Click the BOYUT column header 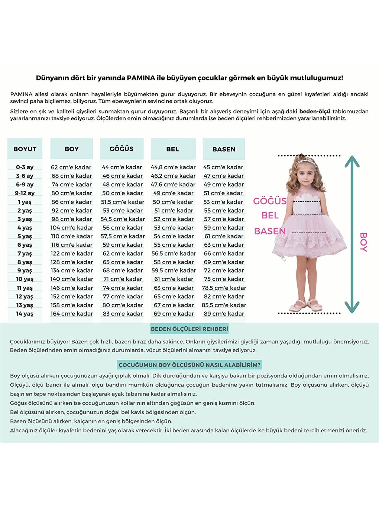[25, 149]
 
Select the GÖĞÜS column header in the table [122, 148]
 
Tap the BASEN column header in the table [224, 149]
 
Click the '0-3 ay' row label [25, 167]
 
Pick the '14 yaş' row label [25, 314]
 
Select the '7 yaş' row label [25, 253]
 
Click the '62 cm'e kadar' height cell [71, 167]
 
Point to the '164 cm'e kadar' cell [72, 314]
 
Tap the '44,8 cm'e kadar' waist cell [173, 167]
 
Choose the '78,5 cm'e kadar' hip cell [224, 288]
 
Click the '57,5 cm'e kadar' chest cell [123, 236]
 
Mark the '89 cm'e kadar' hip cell [224, 314]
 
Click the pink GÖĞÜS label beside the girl [270, 201]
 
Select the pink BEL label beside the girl [270, 215]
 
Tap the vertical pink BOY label [363, 242]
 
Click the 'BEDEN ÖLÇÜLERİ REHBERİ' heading [189, 329]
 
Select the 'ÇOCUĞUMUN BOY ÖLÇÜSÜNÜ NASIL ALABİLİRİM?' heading [189, 365]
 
